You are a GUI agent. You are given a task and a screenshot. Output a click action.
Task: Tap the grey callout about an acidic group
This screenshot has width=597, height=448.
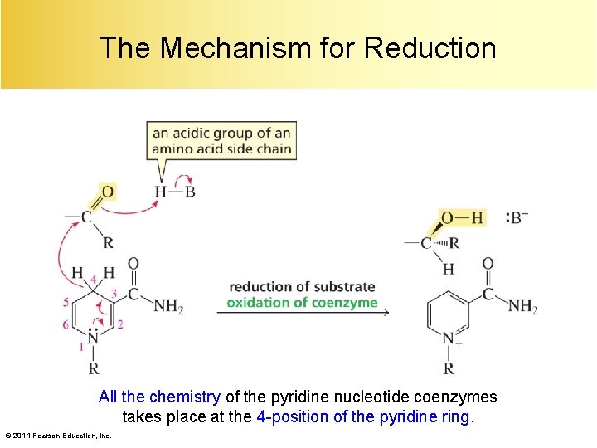pyautogui.click(x=221, y=141)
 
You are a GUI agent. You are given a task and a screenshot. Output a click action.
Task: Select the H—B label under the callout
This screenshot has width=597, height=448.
pyautogui.click(x=175, y=192)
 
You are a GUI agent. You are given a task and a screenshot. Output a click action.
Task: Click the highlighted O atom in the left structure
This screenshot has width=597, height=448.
pyautogui.click(x=107, y=192)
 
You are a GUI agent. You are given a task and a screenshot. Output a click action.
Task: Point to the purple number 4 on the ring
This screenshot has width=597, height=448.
pyautogui.click(x=94, y=277)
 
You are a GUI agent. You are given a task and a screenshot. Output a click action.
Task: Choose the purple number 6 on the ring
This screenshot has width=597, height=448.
pyautogui.click(x=66, y=324)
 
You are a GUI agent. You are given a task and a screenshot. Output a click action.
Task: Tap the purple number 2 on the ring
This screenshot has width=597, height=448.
pyautogui.click(x=120, y=324)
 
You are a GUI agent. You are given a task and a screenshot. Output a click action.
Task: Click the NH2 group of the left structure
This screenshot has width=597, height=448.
pyautogui.click(x=168, y=306)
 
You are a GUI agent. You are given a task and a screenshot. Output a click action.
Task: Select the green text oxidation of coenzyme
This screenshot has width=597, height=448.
pyautogui.click(x=302, y=302)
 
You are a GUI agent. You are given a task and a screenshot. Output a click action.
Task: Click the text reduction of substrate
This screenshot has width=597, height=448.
pyautogui.click(x=302, y=287)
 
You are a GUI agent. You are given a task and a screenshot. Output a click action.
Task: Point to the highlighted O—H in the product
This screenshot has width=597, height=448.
pyautogui.click(x=462, y=217)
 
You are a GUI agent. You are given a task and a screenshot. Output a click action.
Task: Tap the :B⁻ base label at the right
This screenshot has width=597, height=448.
pyautogui.click(x=517, y=218)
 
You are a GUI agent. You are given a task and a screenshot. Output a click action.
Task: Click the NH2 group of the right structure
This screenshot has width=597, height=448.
pyautogui.click(x=523, y=306)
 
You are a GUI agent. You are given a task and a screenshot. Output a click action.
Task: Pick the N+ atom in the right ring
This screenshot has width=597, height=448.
pyautogui.click(x=450, y=338)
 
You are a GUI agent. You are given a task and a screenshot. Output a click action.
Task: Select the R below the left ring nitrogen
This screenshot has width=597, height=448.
pyautogui.click(x=94, y=368)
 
